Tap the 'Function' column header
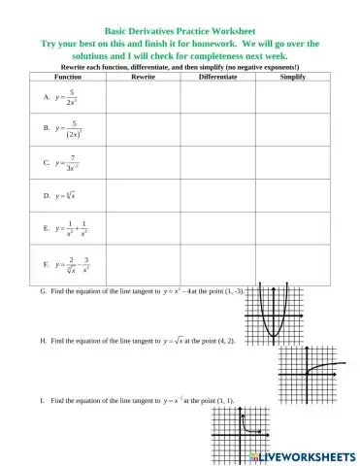click(69, 75)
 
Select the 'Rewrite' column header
click(143, 75)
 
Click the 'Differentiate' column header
click(217, 75)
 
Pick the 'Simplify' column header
click(292, 75)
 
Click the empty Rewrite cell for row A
click(143, 96)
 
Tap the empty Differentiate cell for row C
click(217, 162)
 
